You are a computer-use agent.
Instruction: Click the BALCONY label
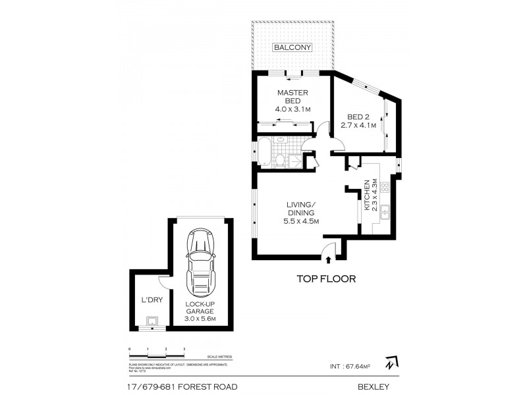coord(293,47)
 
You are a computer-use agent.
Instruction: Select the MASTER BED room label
coord(289,97)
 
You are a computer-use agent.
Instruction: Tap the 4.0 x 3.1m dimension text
coord(292,109)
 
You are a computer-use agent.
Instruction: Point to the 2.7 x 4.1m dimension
coord(358,125)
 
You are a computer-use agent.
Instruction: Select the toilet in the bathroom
coord(280,159)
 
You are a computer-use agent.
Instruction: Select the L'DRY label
coord(152,300)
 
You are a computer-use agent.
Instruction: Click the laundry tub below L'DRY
coord(152,322)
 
